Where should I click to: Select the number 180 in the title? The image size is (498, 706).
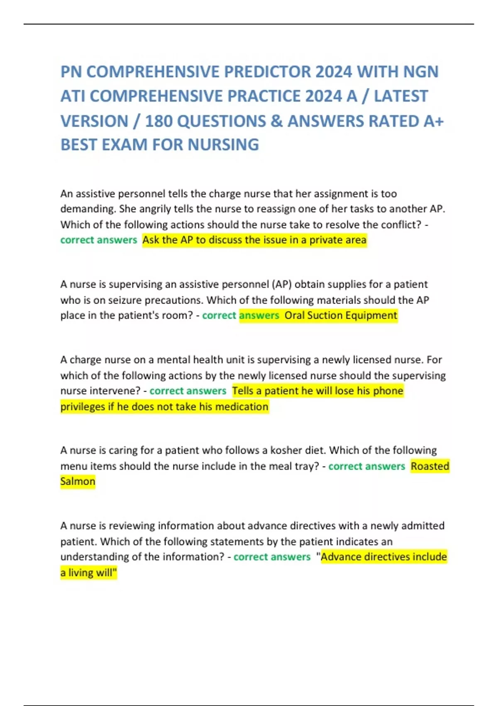click(159, 121)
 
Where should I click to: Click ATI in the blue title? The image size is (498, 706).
click(73, 96)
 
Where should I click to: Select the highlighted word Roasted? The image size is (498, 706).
click(430, 466)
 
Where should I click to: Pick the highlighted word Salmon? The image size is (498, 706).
click(78, 482)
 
